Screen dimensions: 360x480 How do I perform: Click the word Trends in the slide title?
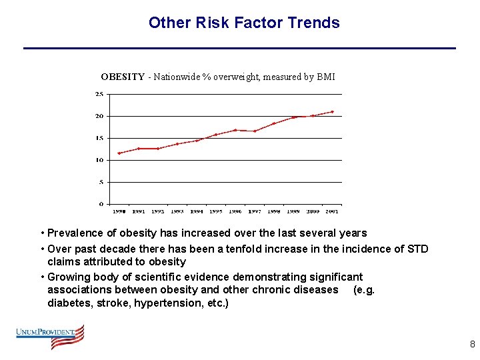[313, 23]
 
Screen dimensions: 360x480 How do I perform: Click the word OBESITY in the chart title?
[123, 77]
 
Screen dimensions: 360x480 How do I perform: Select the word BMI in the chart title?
[326, 77]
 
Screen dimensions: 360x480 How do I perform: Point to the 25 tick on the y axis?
[99, 94]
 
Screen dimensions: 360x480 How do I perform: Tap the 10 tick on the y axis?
[99, 160]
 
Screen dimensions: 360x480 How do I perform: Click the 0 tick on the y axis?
[101, 204]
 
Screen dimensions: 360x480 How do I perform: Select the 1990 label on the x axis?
[119, 211]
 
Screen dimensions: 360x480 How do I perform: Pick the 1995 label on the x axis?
[216, 211]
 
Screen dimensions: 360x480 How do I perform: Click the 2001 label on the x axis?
[332, 211]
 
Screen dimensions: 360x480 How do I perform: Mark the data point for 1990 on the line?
[119, 153]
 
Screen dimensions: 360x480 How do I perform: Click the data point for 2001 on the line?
[332, 111]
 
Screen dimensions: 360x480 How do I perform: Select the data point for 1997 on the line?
[255, 131]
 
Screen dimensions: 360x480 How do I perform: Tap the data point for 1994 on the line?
[197, 141]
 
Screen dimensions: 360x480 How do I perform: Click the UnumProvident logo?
[51, 336]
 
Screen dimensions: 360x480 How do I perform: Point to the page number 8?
[472, 345]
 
